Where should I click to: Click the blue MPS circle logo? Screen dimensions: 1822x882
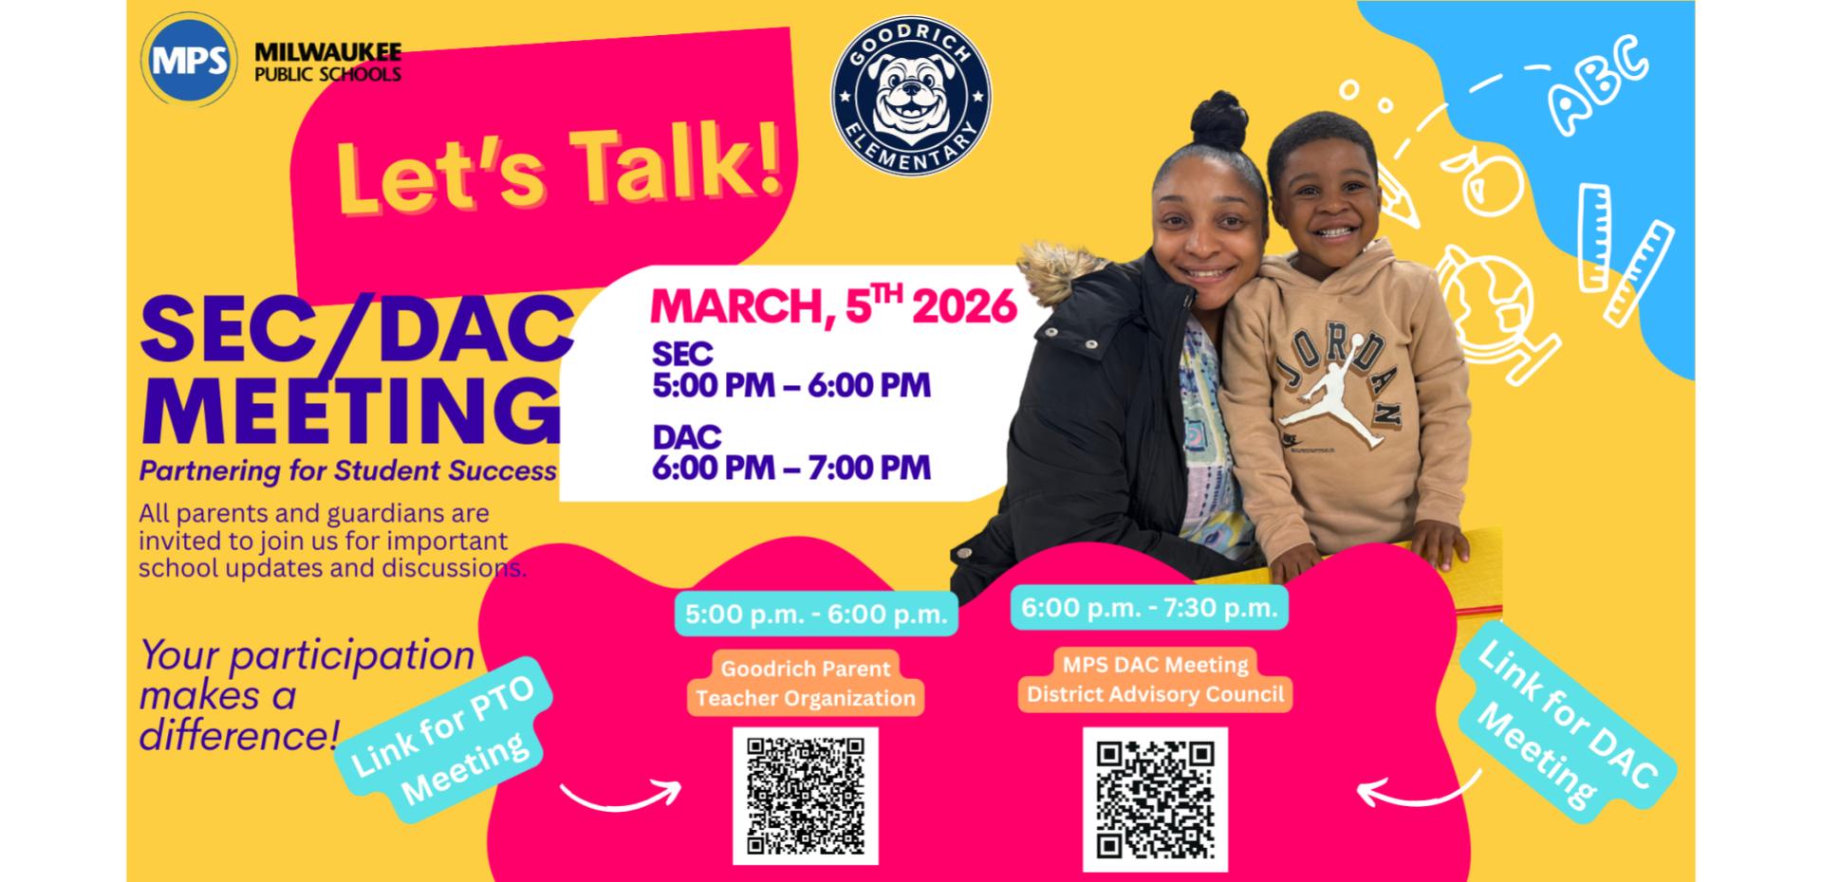pos(190,59)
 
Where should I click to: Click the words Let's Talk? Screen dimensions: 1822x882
pos(560,168)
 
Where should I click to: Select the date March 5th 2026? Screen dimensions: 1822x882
pos(833,305)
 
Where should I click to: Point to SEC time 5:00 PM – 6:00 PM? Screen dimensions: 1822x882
pos(791,386)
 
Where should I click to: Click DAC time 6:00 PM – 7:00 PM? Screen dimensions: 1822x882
pos(791,468)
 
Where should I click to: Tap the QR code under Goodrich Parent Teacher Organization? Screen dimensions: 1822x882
pos(806,796)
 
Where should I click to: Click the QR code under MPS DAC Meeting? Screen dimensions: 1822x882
pos(1155,799)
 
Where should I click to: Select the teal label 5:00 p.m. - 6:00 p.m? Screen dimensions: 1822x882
pos(816,614)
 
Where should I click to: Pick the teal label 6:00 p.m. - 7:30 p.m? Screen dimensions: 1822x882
pos(1149,608)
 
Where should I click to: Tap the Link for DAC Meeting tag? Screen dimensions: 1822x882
pos(1567,727)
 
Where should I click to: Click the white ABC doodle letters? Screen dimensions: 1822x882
pos(1598,84)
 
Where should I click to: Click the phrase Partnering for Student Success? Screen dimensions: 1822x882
pos(348,471)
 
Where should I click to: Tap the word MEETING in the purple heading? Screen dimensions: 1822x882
pos(351,408)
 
